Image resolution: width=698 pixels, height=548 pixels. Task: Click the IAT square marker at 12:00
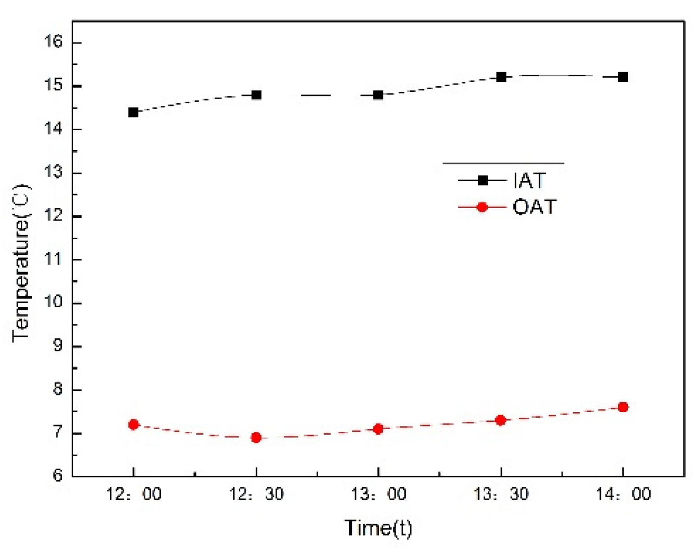point(133,112)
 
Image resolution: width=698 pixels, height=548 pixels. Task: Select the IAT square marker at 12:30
point(256,95)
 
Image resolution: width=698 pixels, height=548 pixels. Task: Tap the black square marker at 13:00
point(378,95)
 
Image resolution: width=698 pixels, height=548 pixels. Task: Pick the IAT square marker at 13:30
point(501,77)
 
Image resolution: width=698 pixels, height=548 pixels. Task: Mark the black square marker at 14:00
point(623,77)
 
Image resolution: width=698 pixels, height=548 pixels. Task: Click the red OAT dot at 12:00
point(133,424)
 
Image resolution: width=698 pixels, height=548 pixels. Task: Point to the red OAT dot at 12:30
point(256,437)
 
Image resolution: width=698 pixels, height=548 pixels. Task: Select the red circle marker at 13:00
point(378,429)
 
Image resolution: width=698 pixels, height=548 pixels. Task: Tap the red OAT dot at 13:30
point(501,420)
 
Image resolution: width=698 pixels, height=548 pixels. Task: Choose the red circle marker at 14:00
point(623,407)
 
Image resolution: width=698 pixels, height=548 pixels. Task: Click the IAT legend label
point(529,181)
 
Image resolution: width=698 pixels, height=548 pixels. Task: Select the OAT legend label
point(535,207)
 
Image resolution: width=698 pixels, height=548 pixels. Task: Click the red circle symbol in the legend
point(482,207)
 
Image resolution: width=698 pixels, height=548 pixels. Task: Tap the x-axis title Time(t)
point(378,528)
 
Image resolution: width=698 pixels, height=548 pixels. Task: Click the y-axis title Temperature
point(21,264)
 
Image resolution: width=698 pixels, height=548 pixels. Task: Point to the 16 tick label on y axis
point(53,42)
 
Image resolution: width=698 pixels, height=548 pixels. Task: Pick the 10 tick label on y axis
point(53,302)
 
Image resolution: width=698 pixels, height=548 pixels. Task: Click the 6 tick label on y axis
point(58,475)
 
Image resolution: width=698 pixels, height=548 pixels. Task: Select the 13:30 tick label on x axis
point(501,494)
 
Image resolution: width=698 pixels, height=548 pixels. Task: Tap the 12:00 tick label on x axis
point(133,494)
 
